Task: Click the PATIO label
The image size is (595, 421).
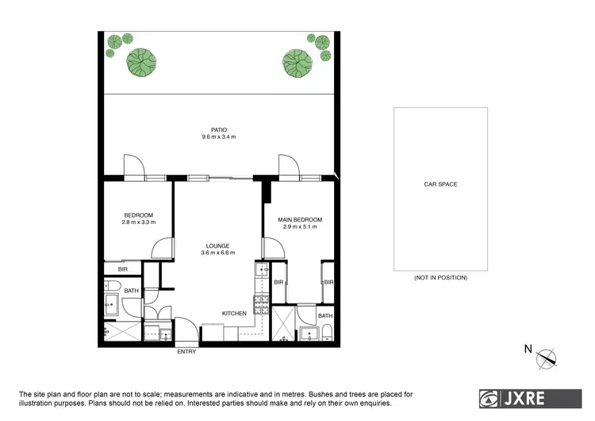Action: (x=219, y=129)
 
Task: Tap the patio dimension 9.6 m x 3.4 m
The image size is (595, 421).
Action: (x=219, y=137)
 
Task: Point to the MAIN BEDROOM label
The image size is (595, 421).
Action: (x=300, y=219)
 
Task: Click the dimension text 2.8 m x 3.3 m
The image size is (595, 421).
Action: (x=138, y=222)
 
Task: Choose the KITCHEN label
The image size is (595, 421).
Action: (x=234, y=314)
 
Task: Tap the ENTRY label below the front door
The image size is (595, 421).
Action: (x=186, y=352)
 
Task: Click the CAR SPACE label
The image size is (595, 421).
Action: (x=440, y=184)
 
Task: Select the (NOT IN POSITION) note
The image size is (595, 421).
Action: (x=440, y=278)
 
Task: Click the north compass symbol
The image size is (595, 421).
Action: (x=547, y=358)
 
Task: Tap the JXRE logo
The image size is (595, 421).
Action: (x=524, y=396)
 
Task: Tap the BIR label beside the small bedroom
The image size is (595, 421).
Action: (x=123, y=270)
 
